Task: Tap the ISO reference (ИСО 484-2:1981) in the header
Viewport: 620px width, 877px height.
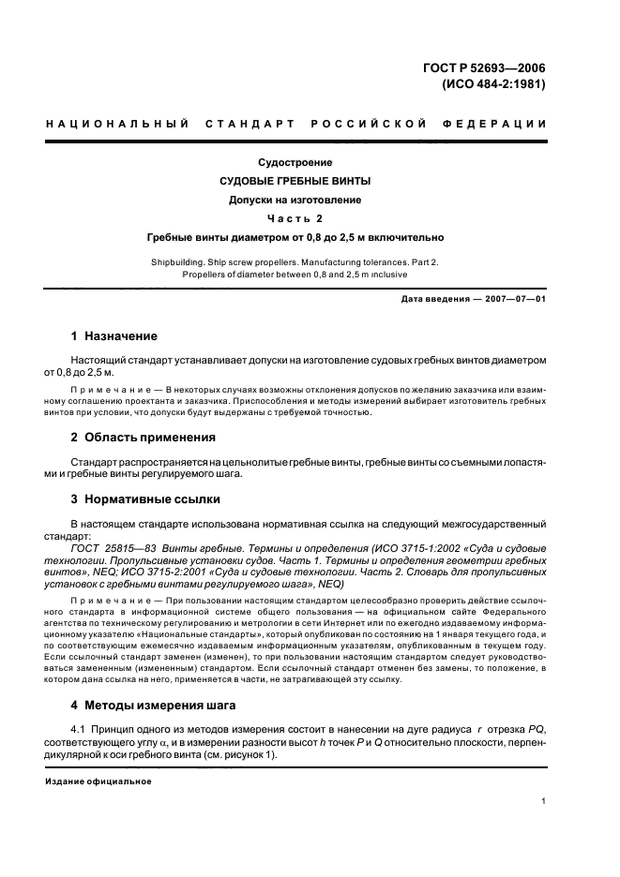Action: pyautogui.click(x=493, y=83)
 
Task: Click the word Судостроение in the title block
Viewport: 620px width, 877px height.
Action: pyautogui.click(x=295, y=162)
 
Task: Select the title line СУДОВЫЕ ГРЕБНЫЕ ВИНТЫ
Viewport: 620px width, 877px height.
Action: pyautogui.click(x=295, y=181)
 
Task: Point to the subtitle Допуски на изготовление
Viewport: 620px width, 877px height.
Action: pyautogui.click(x=295, y=200)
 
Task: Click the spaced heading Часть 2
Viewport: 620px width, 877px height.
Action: pyautogui.click(x=295, y=218)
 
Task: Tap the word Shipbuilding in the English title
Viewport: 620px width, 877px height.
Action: pyautogui.click(x=177, y=262)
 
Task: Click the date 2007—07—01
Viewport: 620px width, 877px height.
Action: pyautogui.click(x=516, y=299)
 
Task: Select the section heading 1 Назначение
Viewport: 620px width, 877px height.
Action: pyautogui.click(x=114, y=336)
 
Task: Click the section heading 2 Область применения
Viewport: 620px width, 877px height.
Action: pyautogui.click(x=144, y=437)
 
